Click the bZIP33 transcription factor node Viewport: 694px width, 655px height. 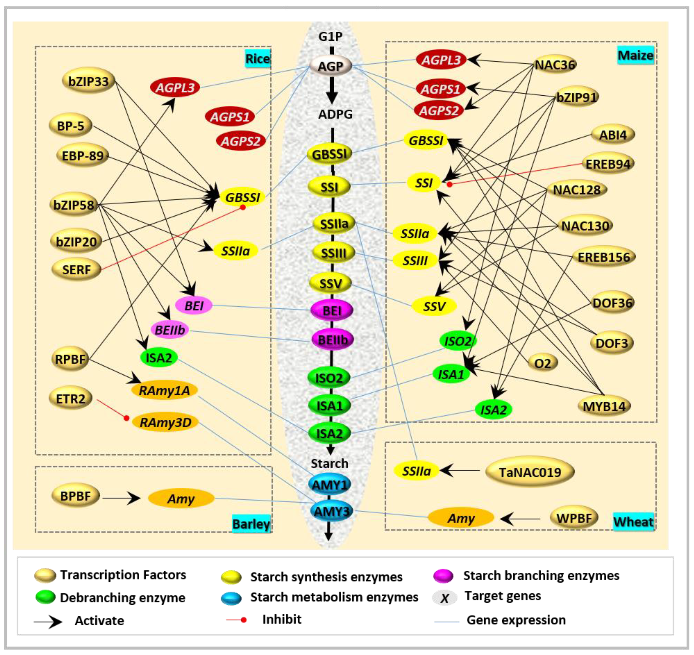point(88,81)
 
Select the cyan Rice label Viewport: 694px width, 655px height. point(258,59)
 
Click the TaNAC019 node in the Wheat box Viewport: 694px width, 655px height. point(530,472)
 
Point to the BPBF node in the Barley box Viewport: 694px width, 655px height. point(75,496)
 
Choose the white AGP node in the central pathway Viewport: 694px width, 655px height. point(330,66)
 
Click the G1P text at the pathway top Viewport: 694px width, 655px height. point(330,36)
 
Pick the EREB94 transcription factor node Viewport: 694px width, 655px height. point(608,164)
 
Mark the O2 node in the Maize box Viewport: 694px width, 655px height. point(542,363)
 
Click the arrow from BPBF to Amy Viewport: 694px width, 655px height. point(121,498)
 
